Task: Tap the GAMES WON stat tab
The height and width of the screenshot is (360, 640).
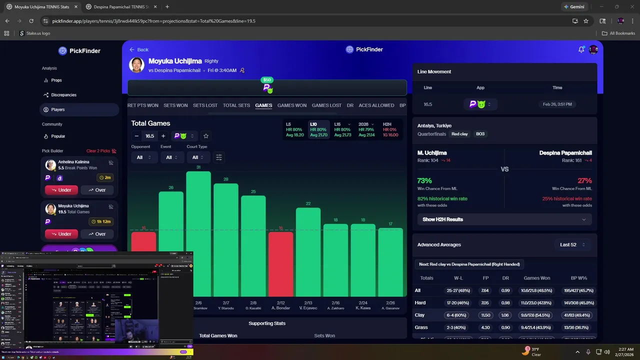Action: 292,105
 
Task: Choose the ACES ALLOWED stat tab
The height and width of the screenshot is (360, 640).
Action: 376,105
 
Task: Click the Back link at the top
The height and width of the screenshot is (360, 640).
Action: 139,49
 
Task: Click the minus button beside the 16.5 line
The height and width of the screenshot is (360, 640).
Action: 136,136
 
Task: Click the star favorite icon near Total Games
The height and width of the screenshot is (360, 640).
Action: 206,136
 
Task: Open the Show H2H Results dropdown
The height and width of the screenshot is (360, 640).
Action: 504,219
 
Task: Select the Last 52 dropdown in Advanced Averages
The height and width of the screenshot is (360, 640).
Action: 572,244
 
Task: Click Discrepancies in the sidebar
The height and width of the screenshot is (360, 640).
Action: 63,95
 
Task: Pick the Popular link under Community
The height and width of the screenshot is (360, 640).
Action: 58,136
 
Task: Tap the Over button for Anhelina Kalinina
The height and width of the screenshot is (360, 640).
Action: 97,190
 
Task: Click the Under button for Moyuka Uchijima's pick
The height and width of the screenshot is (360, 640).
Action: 61,234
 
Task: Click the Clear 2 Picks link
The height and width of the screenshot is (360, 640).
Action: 101,151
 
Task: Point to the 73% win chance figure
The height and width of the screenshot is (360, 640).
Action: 424,180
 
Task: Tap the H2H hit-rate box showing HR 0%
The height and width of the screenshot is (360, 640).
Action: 390,129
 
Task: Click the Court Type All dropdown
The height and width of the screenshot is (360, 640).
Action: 198,157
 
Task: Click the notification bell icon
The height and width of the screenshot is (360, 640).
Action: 581,49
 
